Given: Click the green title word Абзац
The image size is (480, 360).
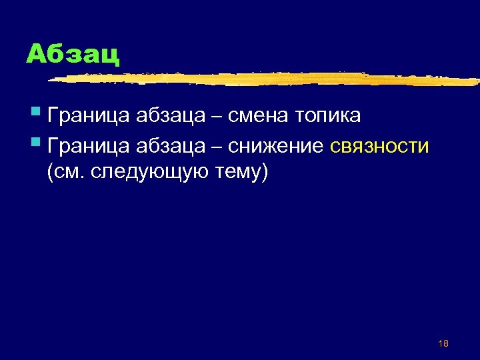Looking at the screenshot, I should point(73,54).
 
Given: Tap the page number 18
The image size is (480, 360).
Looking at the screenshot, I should point(443,343).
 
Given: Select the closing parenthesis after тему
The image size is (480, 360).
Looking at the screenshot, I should point(265,173).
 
